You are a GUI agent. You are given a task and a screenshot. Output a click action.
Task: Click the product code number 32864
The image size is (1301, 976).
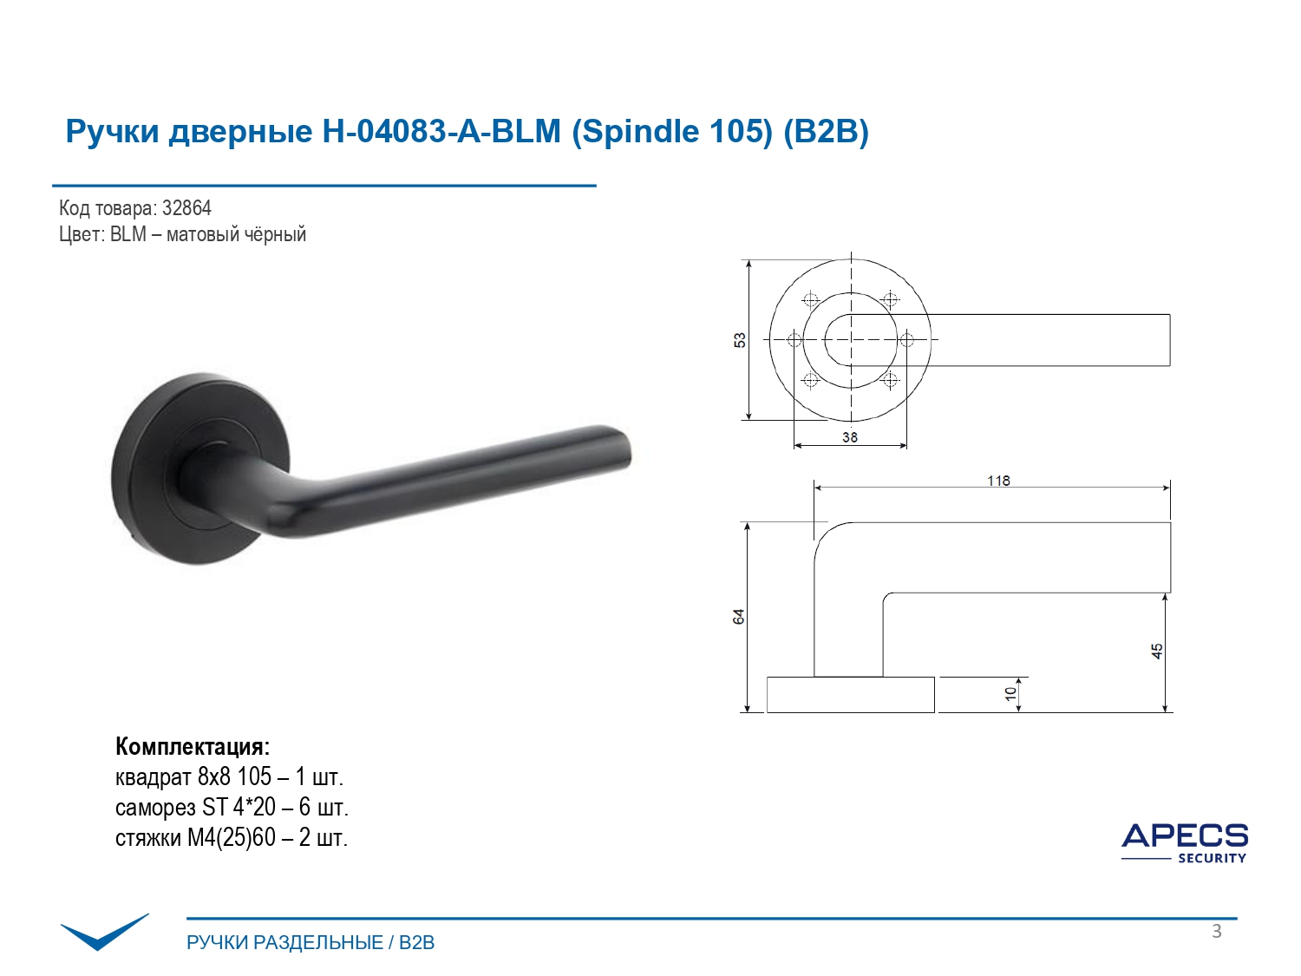coord(186,208)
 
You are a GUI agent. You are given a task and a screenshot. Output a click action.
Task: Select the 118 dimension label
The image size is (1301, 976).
coord(998,481)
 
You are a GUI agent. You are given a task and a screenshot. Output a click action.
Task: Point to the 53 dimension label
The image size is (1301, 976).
coord(739,340)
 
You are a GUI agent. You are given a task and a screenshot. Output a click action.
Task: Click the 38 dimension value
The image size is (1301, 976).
coord(850,437)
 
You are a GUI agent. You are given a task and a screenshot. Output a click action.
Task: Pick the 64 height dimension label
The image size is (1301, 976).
coord(738,616)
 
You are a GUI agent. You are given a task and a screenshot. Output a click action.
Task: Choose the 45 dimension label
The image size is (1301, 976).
coord(1156,652)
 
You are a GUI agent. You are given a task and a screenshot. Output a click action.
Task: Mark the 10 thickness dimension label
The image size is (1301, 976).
coord(1010,694)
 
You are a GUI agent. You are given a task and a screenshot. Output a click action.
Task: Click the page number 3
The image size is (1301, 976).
coord(1216,931)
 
